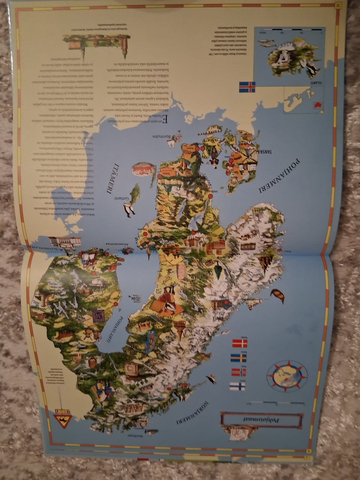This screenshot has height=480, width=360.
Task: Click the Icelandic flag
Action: [247, 87]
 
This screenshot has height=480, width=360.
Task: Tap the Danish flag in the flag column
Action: [240, 343]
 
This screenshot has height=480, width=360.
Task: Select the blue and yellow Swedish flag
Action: [238, 357]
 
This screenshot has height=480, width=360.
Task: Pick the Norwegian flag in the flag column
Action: [238, 372]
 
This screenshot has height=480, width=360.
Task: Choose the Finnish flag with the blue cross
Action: [237, 386]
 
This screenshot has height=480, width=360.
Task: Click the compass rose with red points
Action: [287, 375]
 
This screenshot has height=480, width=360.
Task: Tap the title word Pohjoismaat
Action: [261, 420]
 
